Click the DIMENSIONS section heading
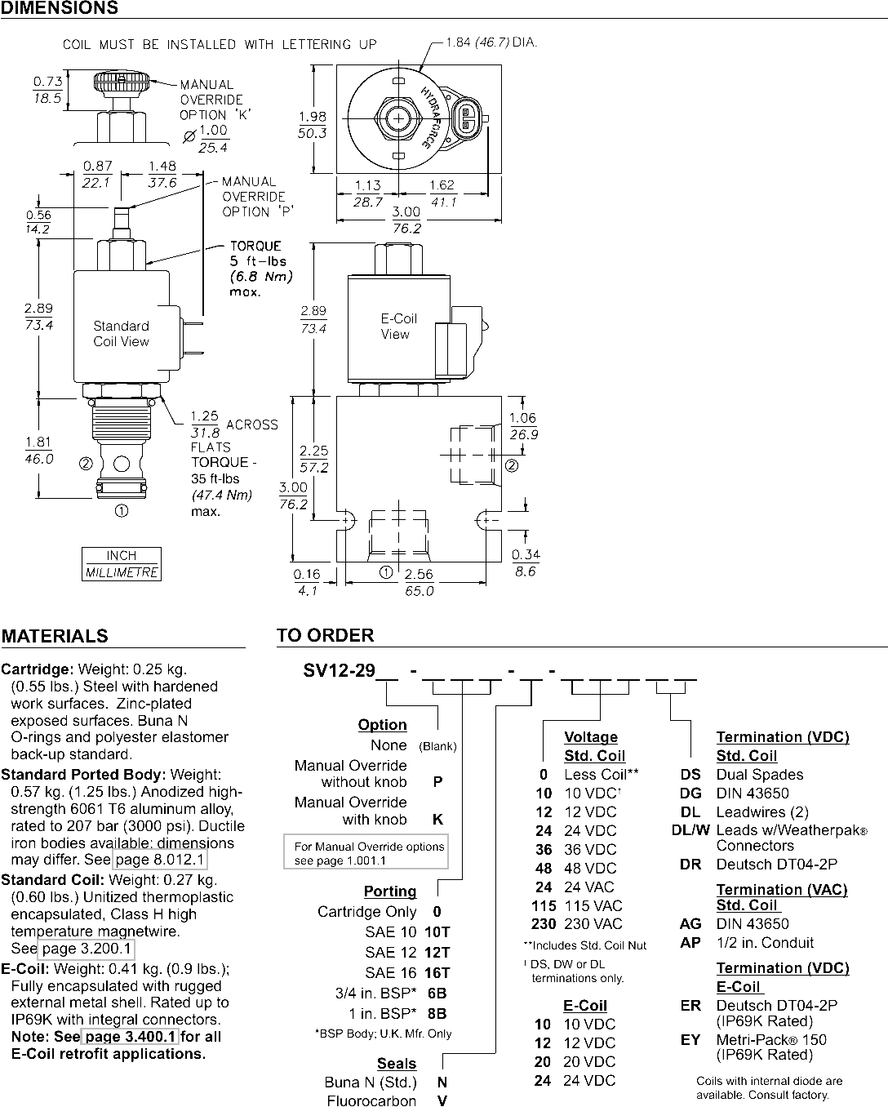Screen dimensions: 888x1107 59,7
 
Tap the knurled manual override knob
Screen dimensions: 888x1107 122,82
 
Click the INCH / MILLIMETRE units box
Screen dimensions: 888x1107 122,564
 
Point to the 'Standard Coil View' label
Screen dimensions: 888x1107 121,333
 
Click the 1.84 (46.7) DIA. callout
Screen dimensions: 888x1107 491,42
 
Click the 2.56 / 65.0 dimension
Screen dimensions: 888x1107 419,582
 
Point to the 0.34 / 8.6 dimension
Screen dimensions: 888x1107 526,562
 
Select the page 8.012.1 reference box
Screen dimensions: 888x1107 160,860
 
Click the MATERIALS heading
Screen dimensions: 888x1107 55,636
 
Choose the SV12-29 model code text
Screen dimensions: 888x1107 339,671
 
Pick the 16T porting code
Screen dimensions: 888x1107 437,973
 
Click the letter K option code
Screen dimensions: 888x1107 437,819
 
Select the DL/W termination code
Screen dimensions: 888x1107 690,830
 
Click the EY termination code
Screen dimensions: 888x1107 690,1039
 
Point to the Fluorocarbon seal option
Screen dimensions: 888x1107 371,1100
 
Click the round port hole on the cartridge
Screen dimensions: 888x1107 122,464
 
